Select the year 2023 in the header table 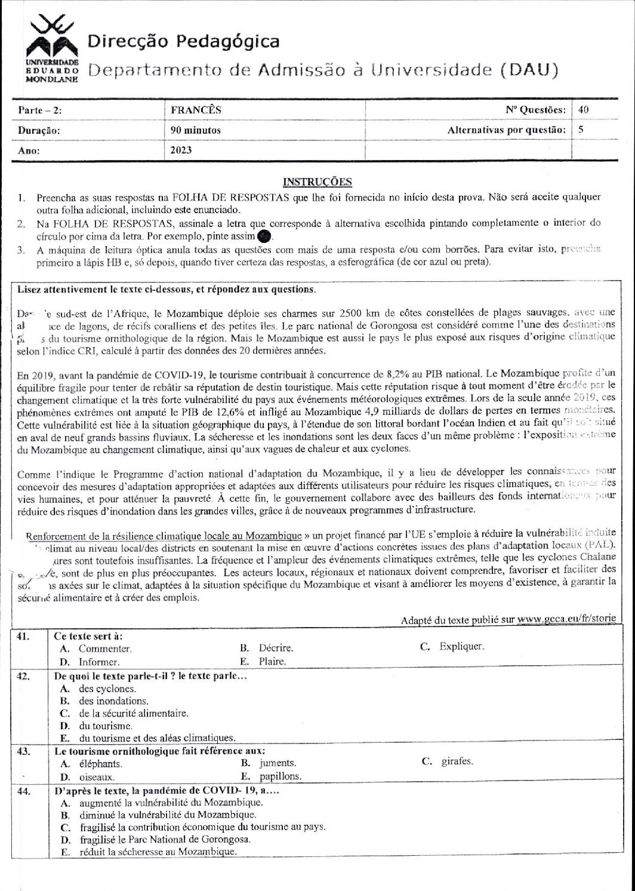click(x=181, y=150)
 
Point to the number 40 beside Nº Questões click(x=584, y=110)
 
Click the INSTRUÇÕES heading click(x=317, y=182)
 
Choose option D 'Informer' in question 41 click(x=99, y=662)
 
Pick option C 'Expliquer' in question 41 click(x=461, y=647)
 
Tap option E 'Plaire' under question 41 click(x=272, y=662)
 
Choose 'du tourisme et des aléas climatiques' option click(x=157, y=738)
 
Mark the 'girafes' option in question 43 click(x=456, y=761)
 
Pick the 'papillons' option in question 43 click(x=280, y=777)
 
